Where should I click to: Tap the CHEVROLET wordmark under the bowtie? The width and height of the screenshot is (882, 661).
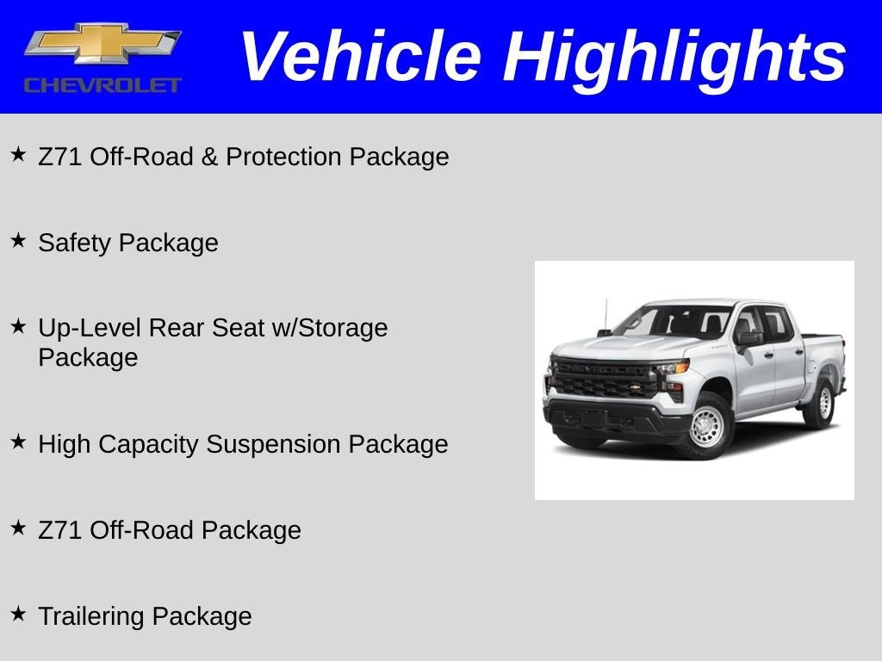coord(102,84)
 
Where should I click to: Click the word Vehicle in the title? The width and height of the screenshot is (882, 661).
coord(359,57)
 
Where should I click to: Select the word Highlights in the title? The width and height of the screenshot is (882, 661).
coord(674,57)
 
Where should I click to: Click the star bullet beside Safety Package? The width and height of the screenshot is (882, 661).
coord(18,240)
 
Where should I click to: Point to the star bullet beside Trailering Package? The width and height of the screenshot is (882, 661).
coord(18,614)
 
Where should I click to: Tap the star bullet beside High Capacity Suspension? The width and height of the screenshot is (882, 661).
coord(18,442)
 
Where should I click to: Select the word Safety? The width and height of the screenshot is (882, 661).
coord(75,243)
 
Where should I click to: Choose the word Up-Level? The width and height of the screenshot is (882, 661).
coord(90,328)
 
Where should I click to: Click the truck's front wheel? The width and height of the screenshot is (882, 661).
coord(707,426)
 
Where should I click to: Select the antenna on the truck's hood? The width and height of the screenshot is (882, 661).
coord(606,314)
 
